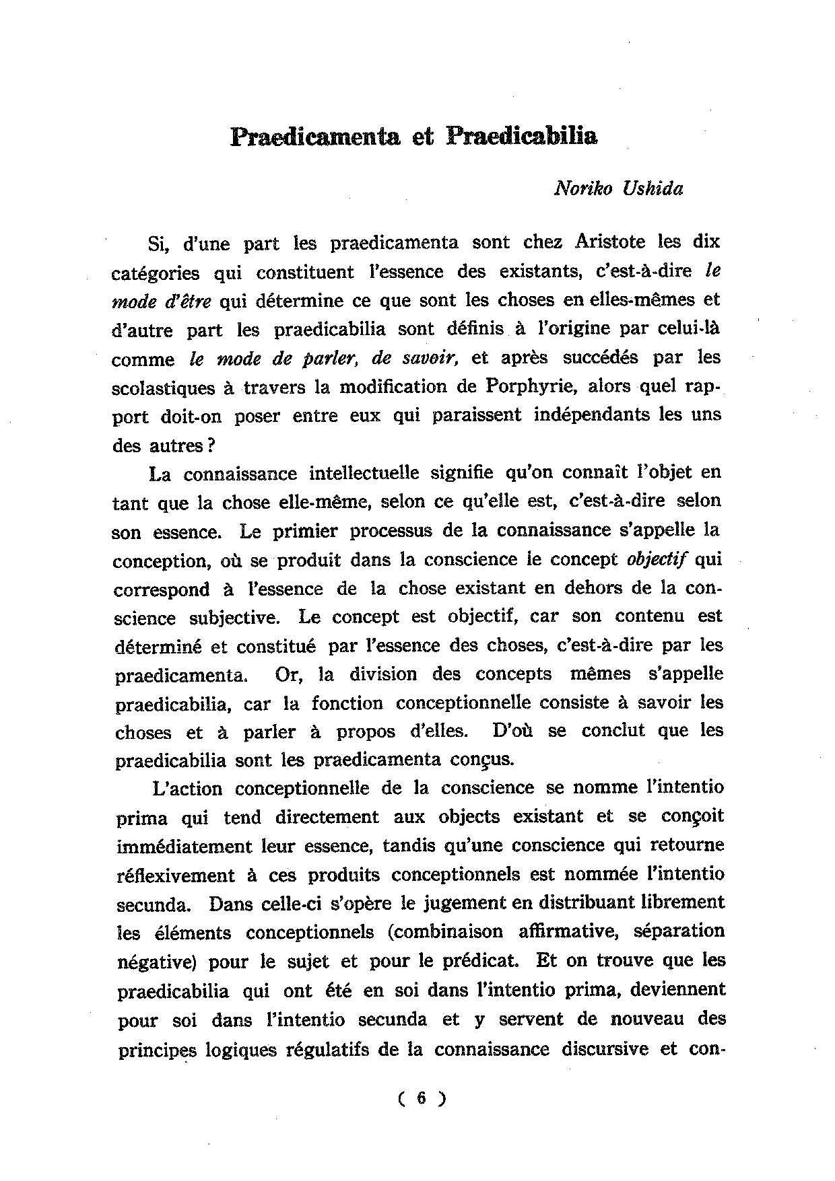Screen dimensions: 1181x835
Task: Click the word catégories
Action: [156, 273]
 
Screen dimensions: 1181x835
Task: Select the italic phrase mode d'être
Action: [161, 301]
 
